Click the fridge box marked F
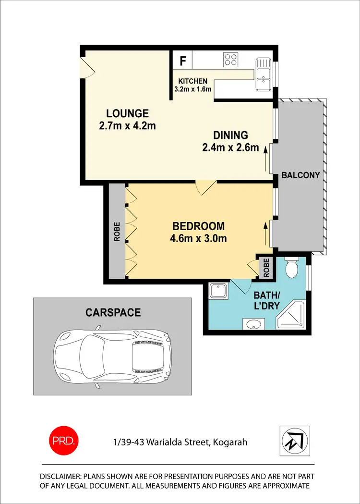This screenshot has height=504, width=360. click(x=182, y=61)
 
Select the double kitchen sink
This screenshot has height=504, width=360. click(x=263, y=75)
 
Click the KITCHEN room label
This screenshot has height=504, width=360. click(x=193, y=81)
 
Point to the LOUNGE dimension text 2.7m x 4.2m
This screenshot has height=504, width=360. click(x=127, y=126)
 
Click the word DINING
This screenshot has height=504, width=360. click(x=231, y=135)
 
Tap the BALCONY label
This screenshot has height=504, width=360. click(x=300, y=175)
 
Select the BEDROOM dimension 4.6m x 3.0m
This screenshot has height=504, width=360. click(x=199, y=238)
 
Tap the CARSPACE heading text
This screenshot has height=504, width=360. click(x=113, y=313)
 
